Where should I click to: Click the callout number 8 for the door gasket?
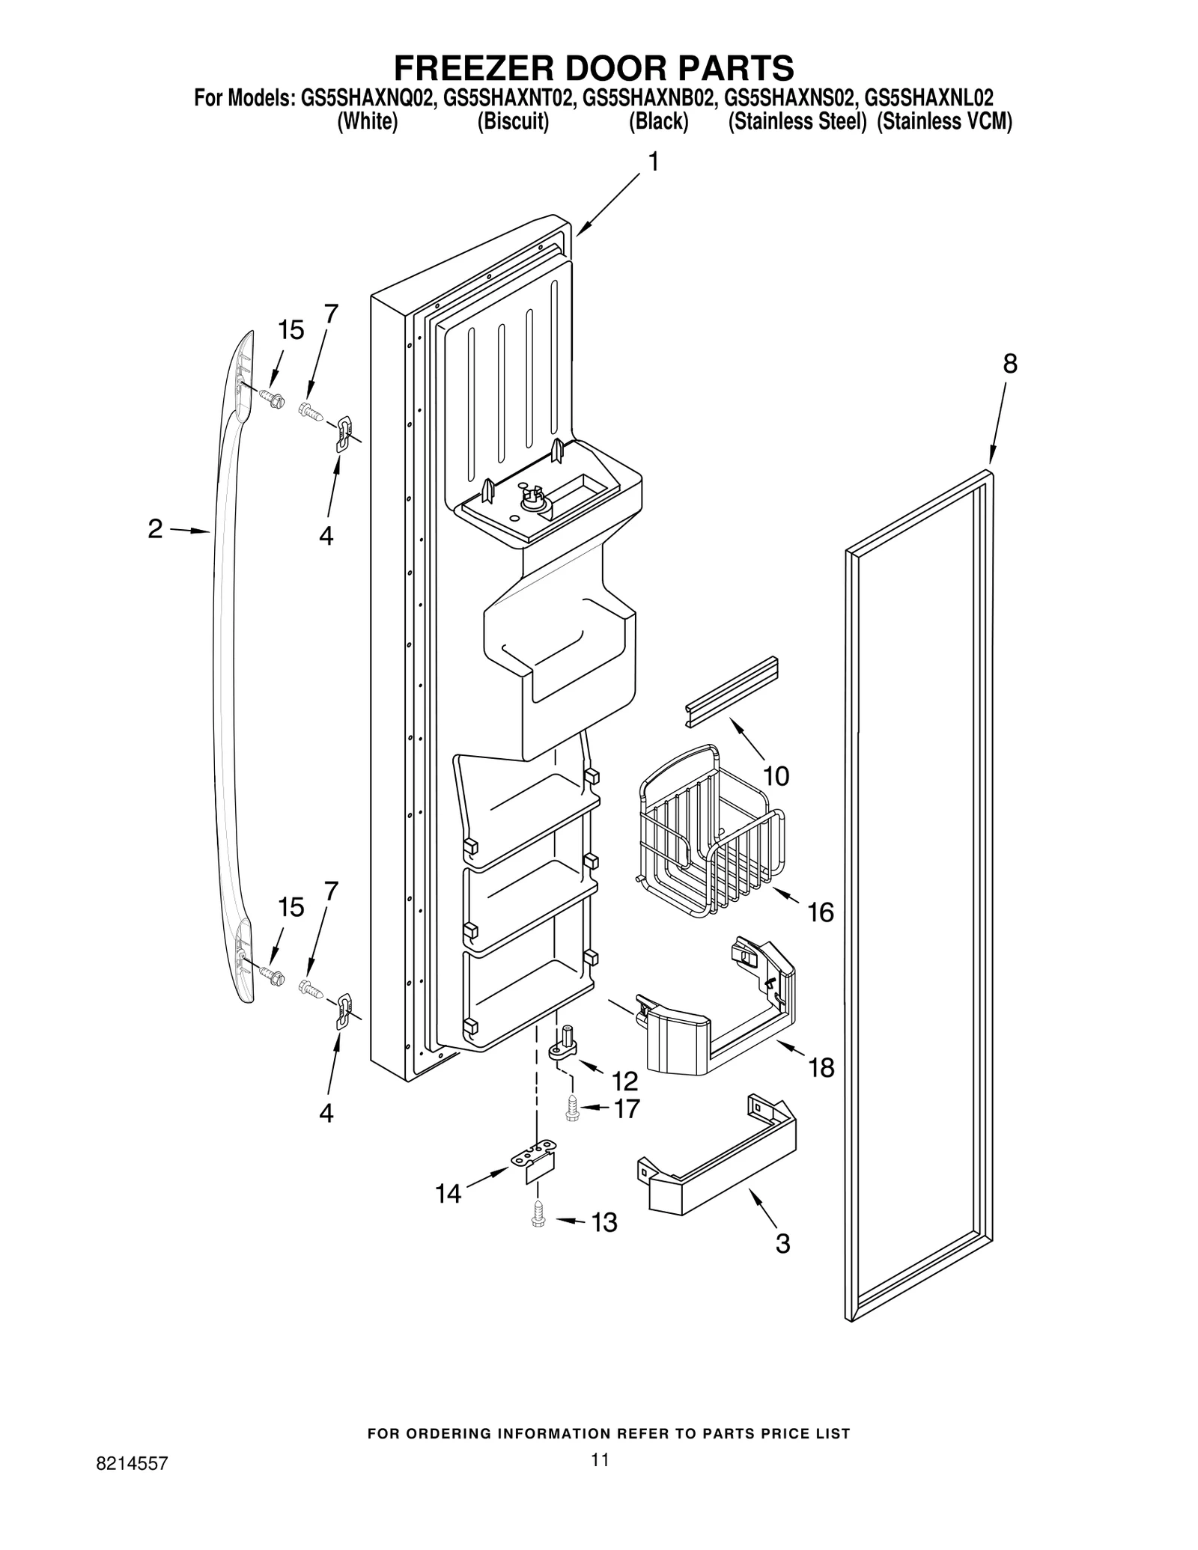1009,364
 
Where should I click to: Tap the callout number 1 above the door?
653,162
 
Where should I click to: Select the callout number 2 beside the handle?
155,529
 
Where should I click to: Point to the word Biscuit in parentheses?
513,122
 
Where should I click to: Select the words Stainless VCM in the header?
944,122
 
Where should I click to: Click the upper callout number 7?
330,314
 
